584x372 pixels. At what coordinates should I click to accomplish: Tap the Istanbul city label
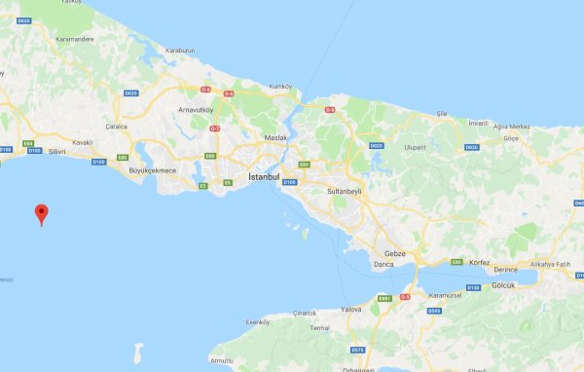(264, 177)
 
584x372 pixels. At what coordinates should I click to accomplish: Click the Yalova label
(351, 309)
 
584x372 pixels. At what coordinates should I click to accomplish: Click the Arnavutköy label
(201, 110)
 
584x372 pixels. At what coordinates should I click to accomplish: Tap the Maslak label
(277, 137)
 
